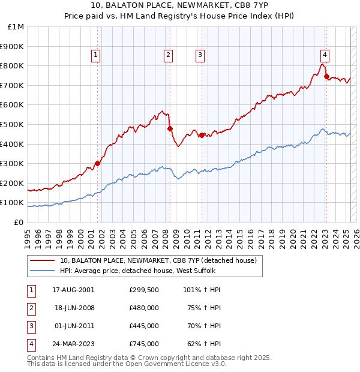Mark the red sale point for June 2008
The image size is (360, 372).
[x=170, y=128]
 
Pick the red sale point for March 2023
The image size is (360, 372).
[x=326, y=76]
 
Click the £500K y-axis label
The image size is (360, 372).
[x=13, y=124]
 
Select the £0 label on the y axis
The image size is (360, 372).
[x=19, y=222]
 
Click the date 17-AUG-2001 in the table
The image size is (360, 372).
[x=73, y=290]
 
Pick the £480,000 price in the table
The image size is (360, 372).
[x=144, y=308]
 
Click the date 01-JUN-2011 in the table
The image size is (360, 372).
[x=73, y=326]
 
